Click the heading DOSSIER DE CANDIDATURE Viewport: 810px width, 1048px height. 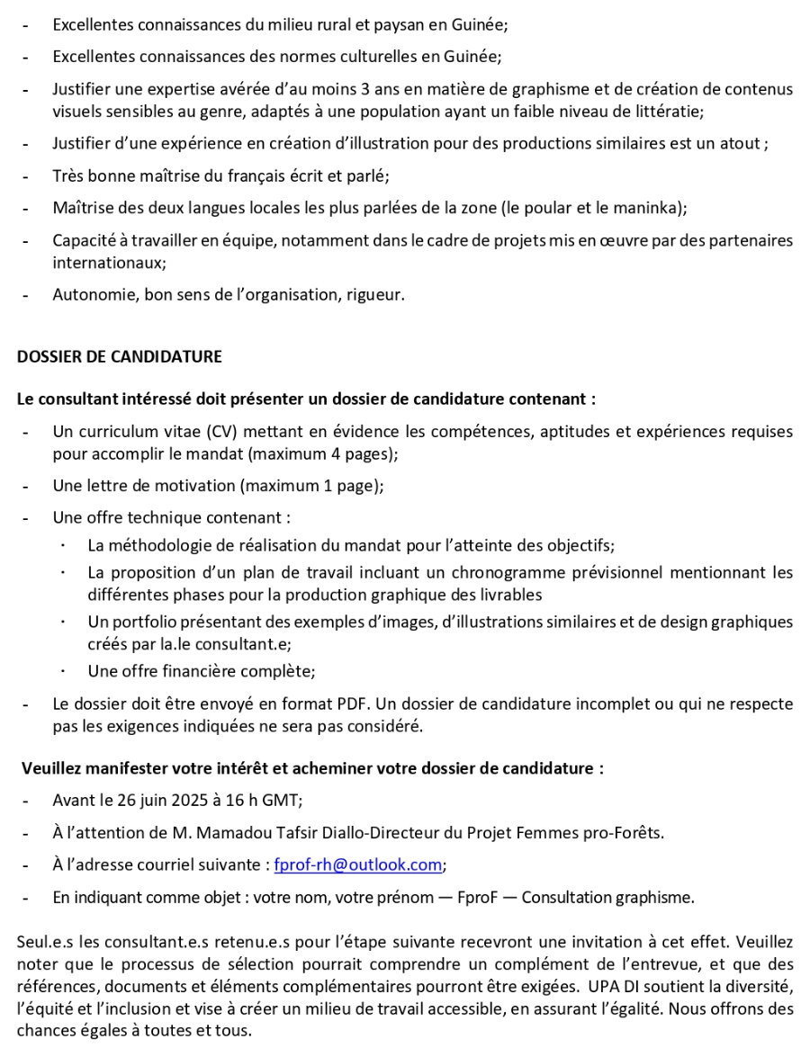(119, 356)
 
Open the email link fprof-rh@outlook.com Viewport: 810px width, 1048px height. (357, 864)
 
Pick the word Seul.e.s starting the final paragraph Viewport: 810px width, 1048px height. (43, 942)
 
